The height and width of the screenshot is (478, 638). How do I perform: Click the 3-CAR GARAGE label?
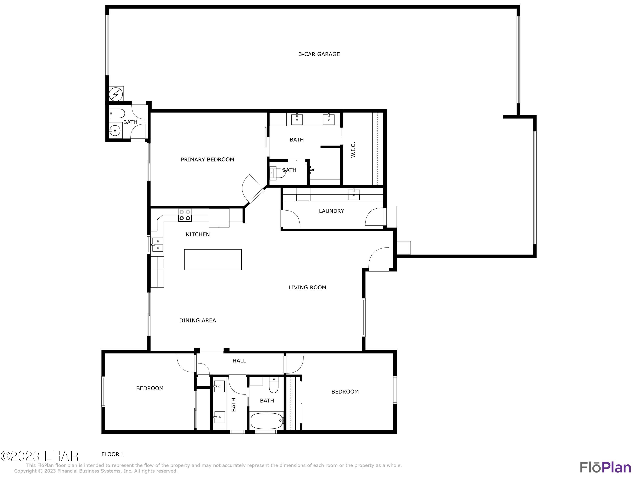[319, 54]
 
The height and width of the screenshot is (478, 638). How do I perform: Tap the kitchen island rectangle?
[213, 260]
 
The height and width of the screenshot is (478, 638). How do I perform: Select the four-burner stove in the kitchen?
[185, 215]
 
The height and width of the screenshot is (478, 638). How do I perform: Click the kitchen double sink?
[158, 244]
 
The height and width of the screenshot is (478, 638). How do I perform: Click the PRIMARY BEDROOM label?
[207, 160]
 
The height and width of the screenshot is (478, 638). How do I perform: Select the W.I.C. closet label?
[353, 150]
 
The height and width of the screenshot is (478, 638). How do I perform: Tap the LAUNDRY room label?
[331, 211]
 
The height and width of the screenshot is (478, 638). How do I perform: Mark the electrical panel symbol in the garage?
[116, 94]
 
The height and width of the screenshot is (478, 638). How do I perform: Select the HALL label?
[239, 361]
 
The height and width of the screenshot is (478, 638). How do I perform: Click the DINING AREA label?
[197, 320]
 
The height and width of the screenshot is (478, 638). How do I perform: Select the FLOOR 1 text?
[113, 454]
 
